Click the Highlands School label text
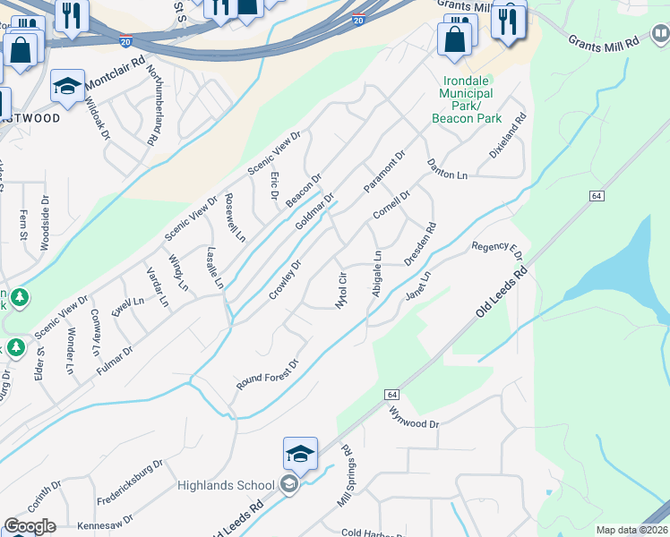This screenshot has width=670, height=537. tap(226, 485)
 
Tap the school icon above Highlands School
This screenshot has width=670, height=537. tap(300, 454)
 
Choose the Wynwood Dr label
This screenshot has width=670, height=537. tap(415, 416)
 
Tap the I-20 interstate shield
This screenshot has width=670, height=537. tap(358, 20)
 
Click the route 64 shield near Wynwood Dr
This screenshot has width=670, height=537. tap(392, 394)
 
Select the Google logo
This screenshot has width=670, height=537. tap(30, 526)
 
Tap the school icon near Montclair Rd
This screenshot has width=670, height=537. tap(67, 86)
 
